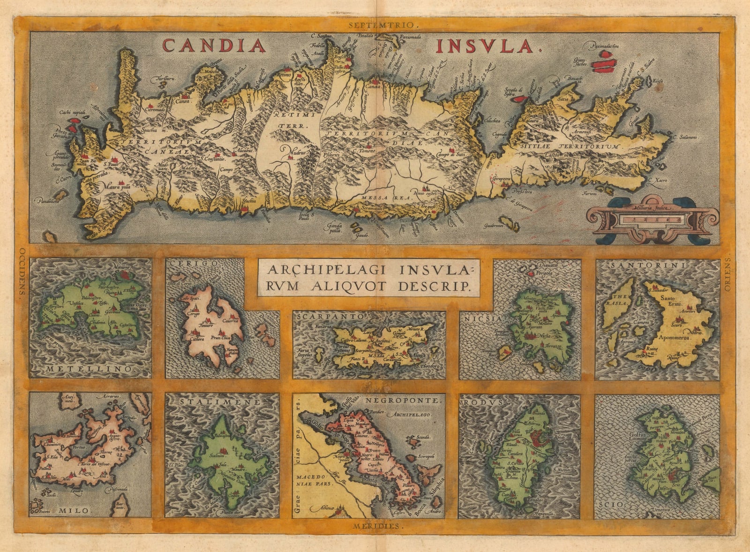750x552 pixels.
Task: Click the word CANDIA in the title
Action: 214,45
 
